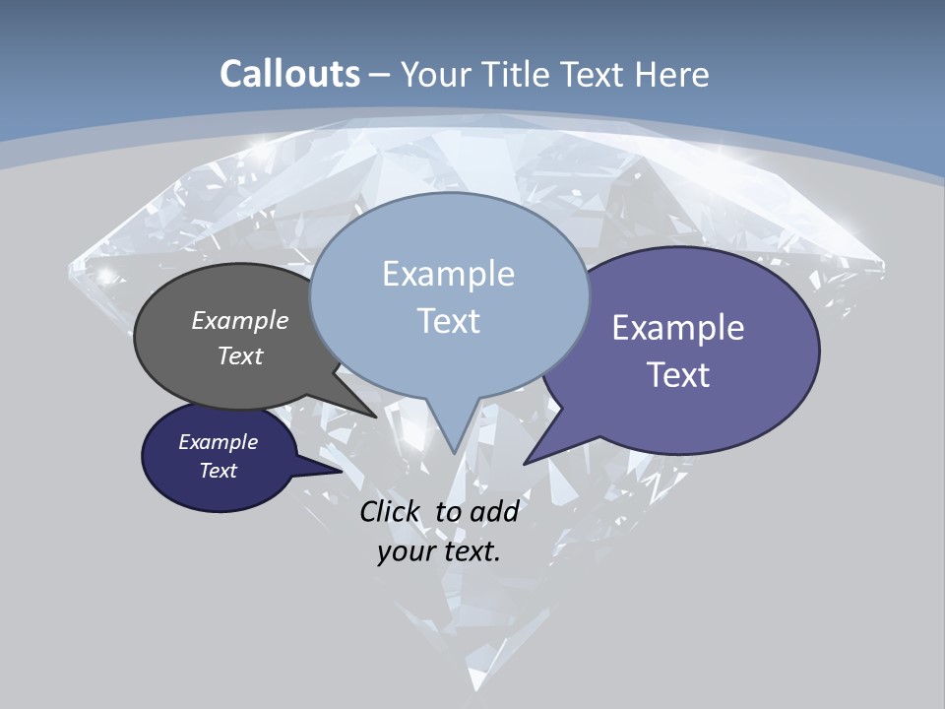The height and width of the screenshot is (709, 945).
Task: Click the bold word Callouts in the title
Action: coord(289,74)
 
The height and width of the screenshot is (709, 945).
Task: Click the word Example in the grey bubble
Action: coord(240,320)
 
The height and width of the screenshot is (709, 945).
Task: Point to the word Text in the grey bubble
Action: coord(240,355)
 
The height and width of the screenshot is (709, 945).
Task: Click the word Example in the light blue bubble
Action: coord(448,274)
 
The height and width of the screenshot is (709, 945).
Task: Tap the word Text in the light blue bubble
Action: coord(448,321)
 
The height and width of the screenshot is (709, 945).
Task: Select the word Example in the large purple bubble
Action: coord(678,328)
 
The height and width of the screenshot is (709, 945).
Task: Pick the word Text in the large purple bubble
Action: coord(678,375)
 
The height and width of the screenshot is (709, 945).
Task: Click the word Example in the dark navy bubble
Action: coord(218,442)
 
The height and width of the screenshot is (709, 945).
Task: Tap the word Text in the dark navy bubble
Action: coord(218,471)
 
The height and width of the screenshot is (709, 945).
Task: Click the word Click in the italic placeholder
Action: coord(392,511)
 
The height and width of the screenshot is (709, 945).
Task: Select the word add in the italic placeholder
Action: coord(494,511)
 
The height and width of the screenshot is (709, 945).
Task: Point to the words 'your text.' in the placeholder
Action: coord(439,551)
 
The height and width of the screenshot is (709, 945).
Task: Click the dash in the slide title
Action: coord(381,75)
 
